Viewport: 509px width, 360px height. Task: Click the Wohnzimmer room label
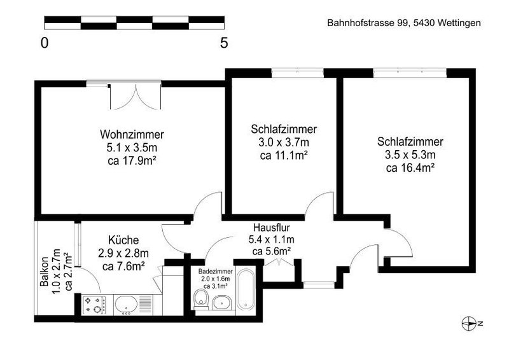pyautogui.click(x=132, y=135)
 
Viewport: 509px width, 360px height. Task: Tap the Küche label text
pyautogui.click(x=123, y=240)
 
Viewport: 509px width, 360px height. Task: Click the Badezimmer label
pyautogui.click(x=215, y=272)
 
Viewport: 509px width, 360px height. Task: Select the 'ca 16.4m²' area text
pyautogui.click(x=410, y=168)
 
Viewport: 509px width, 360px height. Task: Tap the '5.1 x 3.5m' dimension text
pyautogui.click(x=132, y=148)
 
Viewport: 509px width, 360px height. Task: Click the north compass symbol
pyautogui.click(x=468, y=324)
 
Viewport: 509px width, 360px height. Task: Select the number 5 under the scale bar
pyautogui.click(x=224, y=43)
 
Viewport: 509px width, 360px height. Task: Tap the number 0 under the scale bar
pyautogui.click(x=45, y=43)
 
